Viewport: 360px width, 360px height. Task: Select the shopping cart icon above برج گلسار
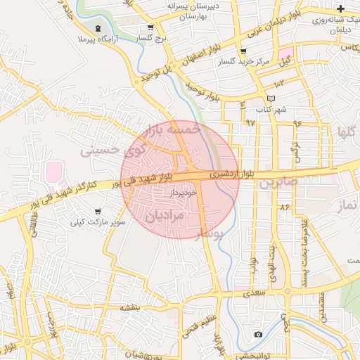click(150, 28)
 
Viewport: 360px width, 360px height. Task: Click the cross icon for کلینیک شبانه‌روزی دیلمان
click(341, 9)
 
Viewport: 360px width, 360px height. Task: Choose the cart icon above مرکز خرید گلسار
click(243, 51)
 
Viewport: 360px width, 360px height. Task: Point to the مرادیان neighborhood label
click(164, 217)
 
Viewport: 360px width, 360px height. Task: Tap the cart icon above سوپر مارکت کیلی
click(98, 211)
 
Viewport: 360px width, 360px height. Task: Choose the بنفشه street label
click(130, 307)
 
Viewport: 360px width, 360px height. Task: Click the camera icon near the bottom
click(258, 334)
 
